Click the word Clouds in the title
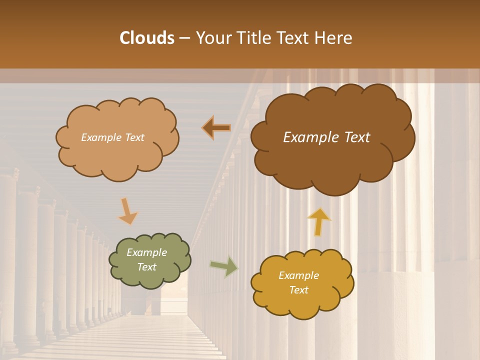pos(147,38)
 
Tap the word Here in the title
pos(333,38)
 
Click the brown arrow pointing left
pos(216,128)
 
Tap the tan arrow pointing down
pos(128,211)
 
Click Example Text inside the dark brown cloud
pos(326,137)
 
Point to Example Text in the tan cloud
pos(112,137)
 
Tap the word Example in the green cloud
pos(146,252)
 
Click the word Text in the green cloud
pos(146,267)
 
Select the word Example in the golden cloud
pos(298,275)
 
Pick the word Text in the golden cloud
pos(298,290)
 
